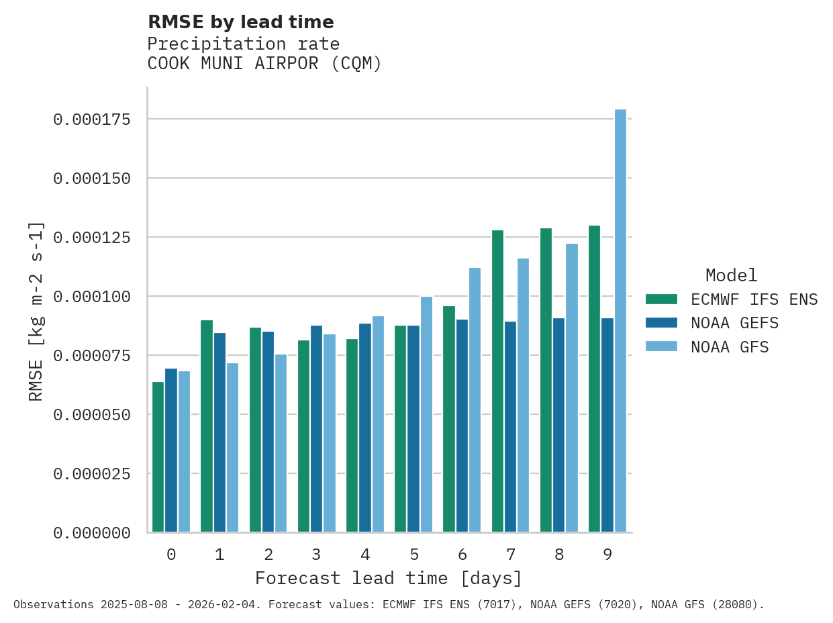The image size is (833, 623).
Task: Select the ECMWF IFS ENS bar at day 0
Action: pyautogui.click(x=158, y=457)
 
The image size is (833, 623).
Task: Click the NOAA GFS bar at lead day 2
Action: pyautogui.click(x=281, y=443)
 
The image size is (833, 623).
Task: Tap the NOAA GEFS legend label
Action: pyautogui.click(x=734, y=324)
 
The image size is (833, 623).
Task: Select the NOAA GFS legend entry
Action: pyautogui.click(x=729, y=347)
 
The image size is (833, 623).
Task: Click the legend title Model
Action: pyautogui.click(x=731, y=275)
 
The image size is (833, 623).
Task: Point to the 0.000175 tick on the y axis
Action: pyautogui.click(x=92, y=119)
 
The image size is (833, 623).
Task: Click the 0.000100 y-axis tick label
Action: pyautogui.click(x=92, y=297)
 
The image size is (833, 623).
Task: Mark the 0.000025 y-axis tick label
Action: pyautogui.click(x=92, y=474)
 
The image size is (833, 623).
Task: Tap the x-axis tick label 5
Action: pyautogui.click(x=414, y=555)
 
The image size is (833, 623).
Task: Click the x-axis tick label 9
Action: pyautogui.click(x=607, y=555)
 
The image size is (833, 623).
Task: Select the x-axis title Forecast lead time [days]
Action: pyautogui.click(x=388, y=578)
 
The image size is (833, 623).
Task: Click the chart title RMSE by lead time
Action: pyautogui.click(x=240, y=22)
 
